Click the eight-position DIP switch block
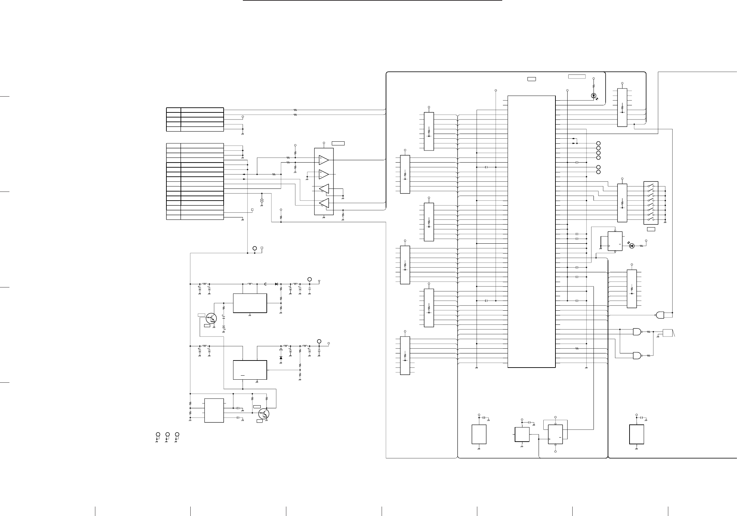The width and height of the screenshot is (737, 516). [x=651, y=203]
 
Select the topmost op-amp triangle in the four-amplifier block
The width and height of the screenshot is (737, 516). [x=324, y=159]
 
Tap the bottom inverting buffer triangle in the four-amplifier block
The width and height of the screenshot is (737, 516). [x=324, y=203]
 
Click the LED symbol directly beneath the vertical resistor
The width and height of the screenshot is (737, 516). [x=594, y=96]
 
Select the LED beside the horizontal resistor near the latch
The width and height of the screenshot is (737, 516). [x=632, y=246]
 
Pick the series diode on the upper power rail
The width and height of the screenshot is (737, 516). [x=276, y=284]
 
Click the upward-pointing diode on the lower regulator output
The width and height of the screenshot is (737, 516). [x=281, y=358]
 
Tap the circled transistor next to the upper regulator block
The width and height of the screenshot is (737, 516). [x=211, y=318]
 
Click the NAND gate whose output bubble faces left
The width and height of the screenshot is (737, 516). [x=660, y=315]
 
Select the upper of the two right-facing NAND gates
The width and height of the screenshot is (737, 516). [x=637, y=332]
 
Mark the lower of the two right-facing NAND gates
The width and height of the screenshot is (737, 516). [x=637, y=355]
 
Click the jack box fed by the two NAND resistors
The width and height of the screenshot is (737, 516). [x=667, y=333]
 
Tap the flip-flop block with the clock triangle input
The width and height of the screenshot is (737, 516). [x=555, y=435]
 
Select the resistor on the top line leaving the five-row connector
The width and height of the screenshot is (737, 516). [x=295, y=110]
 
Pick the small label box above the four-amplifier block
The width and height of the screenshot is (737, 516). [x=338, y=143]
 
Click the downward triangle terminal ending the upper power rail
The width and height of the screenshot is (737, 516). [x=319, y=281]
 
